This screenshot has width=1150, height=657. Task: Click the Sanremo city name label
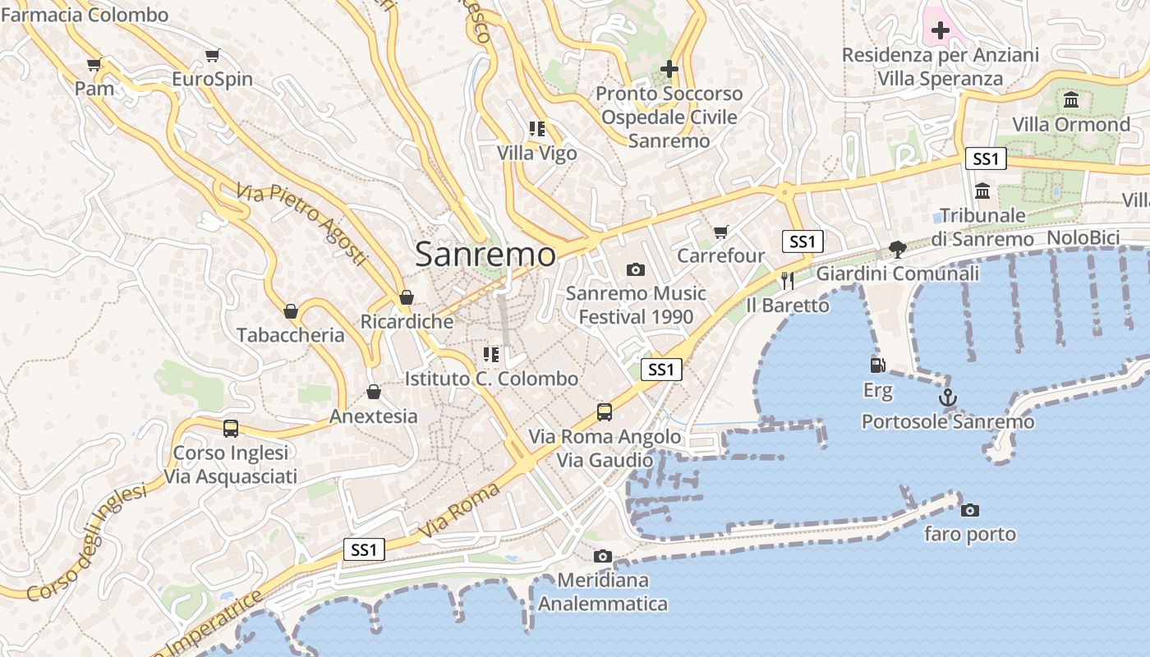pos(485,254)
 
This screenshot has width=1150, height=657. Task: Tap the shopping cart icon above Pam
pos(94,64)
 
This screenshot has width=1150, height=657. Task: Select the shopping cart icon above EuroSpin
pos(213,56)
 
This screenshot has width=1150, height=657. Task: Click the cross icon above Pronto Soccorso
pos(669,69)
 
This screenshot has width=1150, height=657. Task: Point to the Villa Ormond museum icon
pos(1071,100)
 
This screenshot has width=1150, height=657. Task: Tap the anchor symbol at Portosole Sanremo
pos(948,397)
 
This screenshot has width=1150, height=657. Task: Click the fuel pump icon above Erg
pos(877,365)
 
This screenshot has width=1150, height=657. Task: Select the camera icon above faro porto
pos(970,510)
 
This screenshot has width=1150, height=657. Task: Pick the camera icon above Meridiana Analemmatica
pos(603,556)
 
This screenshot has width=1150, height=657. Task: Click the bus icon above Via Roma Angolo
pos(605,411)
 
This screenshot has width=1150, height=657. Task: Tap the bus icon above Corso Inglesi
pos(231,428)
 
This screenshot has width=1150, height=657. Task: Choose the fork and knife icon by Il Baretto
pos(788,281)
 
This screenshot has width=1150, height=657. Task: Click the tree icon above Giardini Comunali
pos(897,249)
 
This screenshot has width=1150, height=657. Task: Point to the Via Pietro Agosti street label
pos(301,224)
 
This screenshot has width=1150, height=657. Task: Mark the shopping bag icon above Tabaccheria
pos(290,310)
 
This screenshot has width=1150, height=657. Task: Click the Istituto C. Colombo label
pos(491,379)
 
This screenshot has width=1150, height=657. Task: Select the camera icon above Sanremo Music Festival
pos(635,269)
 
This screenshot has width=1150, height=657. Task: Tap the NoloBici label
pos(1083,238)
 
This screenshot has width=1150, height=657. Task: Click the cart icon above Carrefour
pos(721,232)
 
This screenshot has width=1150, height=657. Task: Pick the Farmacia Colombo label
pos(85,15)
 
